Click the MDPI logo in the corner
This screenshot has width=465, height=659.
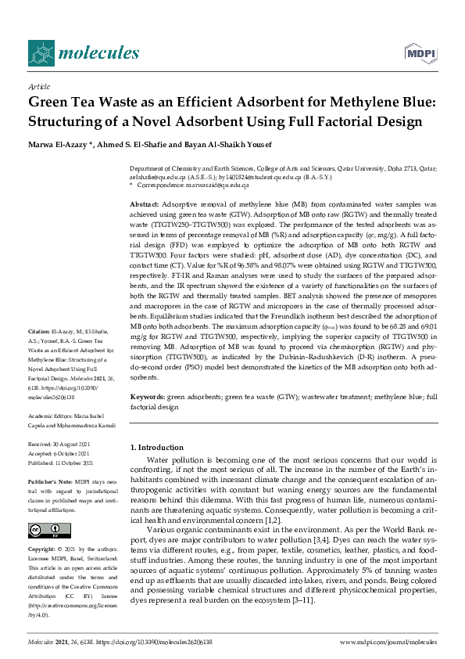tap(419, 52)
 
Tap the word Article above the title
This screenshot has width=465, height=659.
tap(38, 86)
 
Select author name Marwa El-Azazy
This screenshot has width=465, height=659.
tap(59, 142)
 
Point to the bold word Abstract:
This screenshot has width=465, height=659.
tap(145, 203)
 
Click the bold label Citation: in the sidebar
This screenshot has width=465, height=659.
tap(39, 354)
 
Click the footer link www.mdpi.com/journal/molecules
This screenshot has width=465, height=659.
tap(388, 642)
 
